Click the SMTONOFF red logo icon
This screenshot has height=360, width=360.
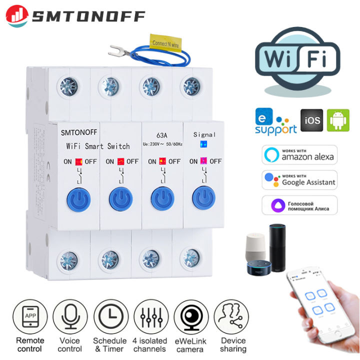coord(17,16)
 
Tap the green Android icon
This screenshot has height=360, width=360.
coord(338,121)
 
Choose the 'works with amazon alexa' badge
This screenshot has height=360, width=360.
coord(299,154)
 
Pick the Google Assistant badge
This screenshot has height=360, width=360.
coord(299,180)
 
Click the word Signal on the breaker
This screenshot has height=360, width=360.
coord(205,134)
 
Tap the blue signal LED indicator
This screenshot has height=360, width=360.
coord(203,144)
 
